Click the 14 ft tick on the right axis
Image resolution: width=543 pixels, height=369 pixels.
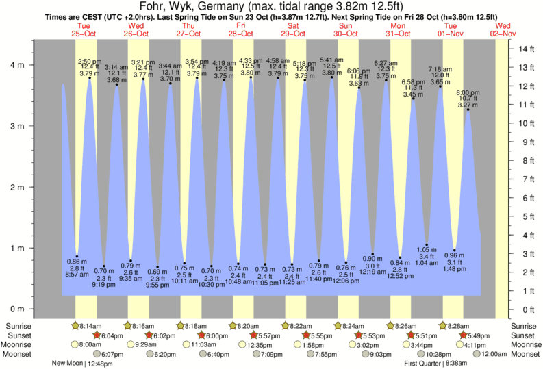click(526, 49)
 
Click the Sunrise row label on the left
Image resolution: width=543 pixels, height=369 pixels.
click(20, 326)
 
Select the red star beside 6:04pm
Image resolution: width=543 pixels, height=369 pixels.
click(97, 335)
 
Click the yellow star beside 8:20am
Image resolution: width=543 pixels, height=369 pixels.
click(233, 326)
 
